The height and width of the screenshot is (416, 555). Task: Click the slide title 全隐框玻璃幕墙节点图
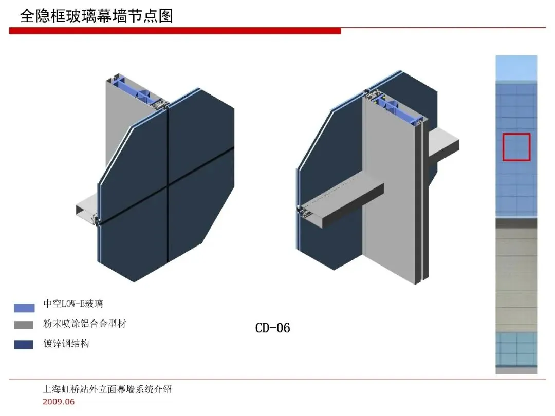click(97, 16)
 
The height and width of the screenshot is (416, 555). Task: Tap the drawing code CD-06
click(272, 328)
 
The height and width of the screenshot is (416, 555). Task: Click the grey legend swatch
click(24, 325)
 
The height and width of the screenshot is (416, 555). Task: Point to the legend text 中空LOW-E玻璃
click(73, 305)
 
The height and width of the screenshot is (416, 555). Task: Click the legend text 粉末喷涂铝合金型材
click(84, 324)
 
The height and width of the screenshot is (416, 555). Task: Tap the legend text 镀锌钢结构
click(66, 344)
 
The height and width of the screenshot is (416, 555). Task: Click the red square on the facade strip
click(516, 147)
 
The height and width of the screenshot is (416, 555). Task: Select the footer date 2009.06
click(59, 402)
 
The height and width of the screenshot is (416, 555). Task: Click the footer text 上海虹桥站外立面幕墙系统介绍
click(107, 389)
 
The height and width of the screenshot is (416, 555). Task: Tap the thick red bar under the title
click(175, 31)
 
